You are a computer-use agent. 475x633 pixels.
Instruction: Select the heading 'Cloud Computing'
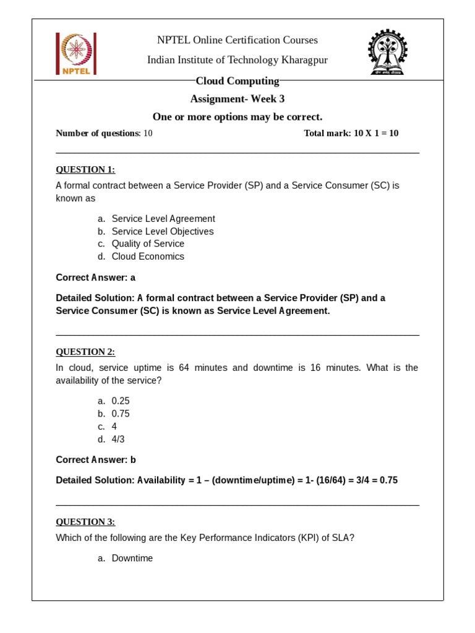237,81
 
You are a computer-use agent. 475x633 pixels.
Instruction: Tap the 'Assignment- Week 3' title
237,99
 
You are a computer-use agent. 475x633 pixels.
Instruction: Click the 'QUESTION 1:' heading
85,169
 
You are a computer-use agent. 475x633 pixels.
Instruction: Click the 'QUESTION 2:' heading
85,352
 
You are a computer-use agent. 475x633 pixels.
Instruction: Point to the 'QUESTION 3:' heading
85,522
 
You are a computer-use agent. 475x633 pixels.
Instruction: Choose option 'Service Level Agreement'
163,219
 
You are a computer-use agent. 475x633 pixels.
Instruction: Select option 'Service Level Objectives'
163,231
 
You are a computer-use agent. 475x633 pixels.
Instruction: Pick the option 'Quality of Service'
148,244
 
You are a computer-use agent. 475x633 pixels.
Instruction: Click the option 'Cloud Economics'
148,257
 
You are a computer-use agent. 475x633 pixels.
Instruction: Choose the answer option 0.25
121,401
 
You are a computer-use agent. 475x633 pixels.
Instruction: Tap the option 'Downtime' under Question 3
132,558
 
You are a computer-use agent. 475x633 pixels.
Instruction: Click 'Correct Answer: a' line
95,278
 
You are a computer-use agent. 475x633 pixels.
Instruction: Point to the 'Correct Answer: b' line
95,460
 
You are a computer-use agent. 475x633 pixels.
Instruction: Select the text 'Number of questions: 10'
104,134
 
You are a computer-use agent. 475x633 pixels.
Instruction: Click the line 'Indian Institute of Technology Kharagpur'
237,60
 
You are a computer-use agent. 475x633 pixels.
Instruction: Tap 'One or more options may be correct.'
237,117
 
